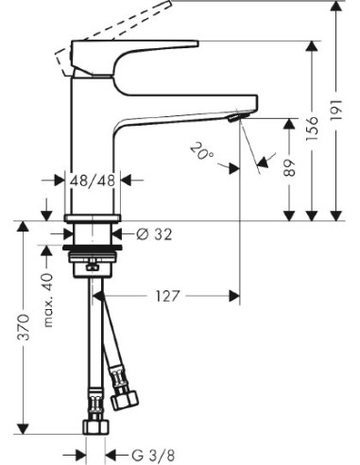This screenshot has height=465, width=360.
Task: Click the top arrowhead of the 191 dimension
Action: pos(335,8)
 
